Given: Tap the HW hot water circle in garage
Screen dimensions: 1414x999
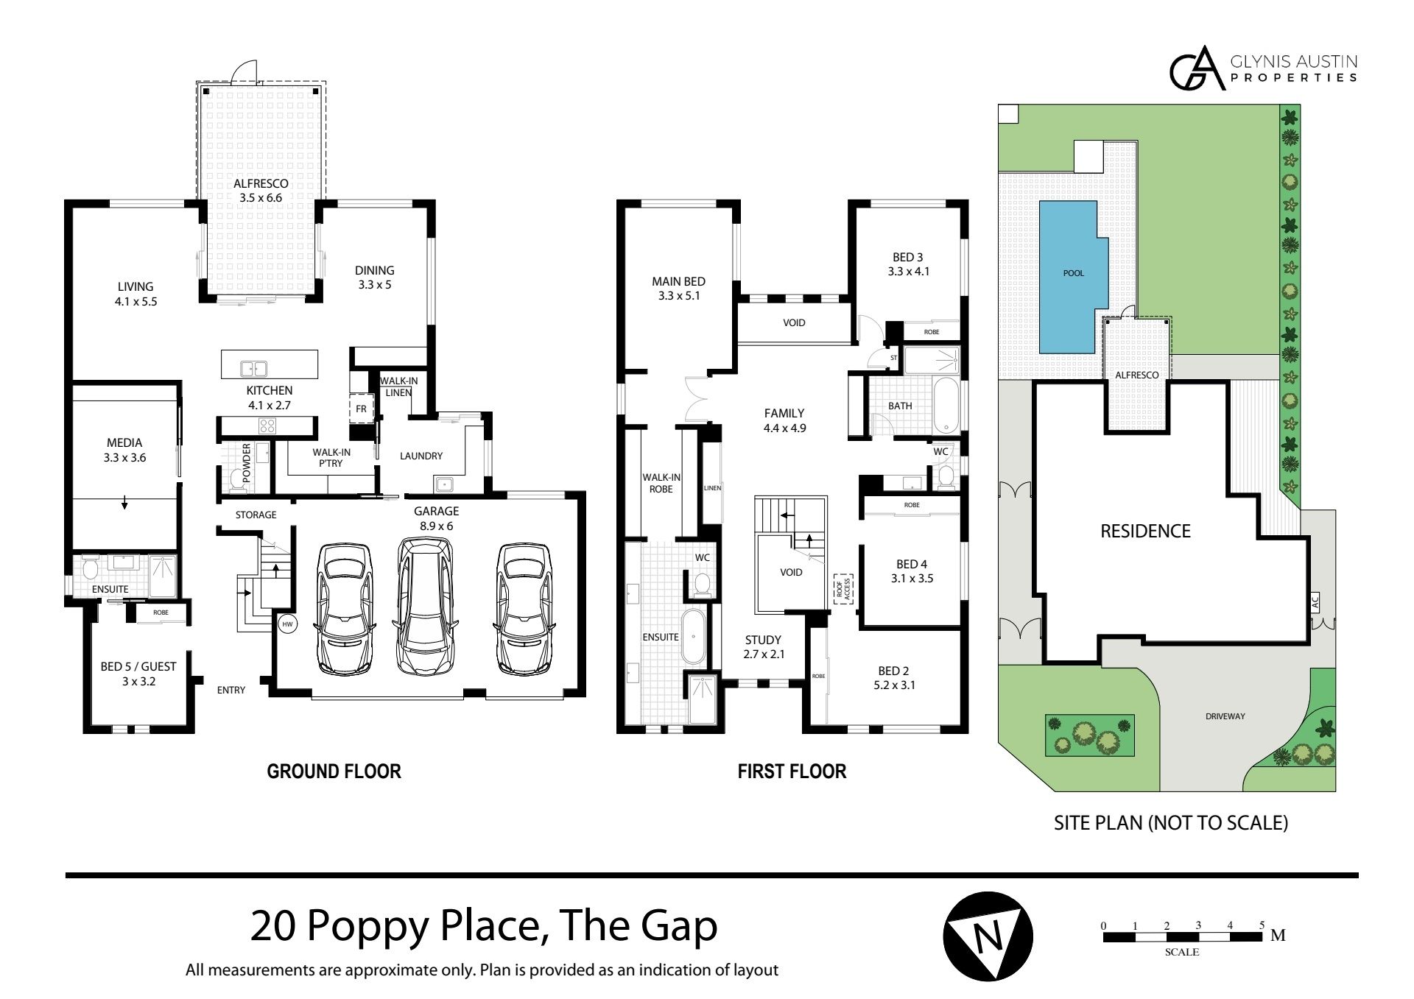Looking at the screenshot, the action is click(288, 624).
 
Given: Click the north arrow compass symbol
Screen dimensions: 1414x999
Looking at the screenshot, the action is click(988, 937).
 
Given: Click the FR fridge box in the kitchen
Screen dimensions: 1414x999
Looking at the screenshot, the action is click(361, 409).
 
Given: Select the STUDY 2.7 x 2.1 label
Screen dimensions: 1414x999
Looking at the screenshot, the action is click(762, 646).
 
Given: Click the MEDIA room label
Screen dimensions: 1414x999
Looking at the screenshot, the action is click(124, 442).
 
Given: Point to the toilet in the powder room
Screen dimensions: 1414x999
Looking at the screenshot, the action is click(236, 479).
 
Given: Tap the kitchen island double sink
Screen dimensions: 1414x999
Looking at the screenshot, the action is click(253, 368).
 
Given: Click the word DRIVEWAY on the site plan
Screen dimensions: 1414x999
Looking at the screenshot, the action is click(1225, 716).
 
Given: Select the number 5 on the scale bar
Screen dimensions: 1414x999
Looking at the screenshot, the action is click(1262, 925).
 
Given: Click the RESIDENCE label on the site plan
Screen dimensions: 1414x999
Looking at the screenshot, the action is click(1145, 531).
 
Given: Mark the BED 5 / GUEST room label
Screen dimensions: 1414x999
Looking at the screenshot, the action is click(138, 666).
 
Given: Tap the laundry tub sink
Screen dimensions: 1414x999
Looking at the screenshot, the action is click(444, 484).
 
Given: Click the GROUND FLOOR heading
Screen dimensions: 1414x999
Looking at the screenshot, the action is click(334, 772).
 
